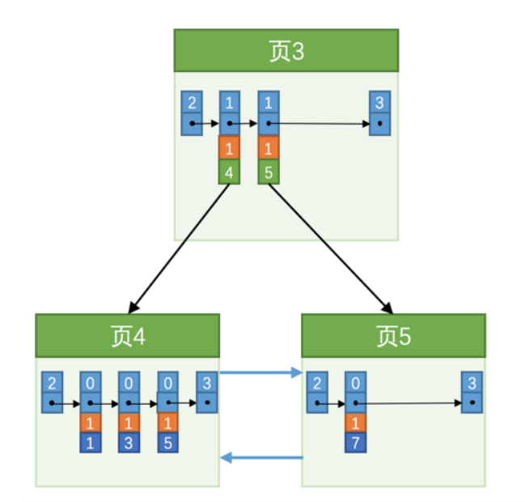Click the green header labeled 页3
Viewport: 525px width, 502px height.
pyautogui.click(x=286, y=50)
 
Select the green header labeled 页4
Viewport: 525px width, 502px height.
pyautogui.click(x=127, y=335)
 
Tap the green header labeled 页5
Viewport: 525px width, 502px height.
pyautogui.click(x=393, y=335)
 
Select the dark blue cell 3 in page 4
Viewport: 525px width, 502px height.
pyautogui.click(x=129, y=442)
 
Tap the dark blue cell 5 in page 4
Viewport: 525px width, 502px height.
pyautogui.click(x=168, y=442)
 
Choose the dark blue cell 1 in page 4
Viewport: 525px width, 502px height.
pyautogui.click(x=91, y=442)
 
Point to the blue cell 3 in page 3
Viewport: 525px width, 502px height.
pyautogui.click(x=379, y=103)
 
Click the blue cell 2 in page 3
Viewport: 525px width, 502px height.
pyautogui.click(x=192, y=103)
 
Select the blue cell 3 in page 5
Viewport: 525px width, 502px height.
pyautogui.click(x=472, y=382)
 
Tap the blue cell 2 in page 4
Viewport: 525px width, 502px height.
pyautogui.click(x=52, y=382)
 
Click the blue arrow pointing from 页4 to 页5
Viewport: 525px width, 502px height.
pyautogui.click(x=260, y=373)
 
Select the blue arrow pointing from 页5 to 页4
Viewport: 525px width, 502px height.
pyautogui.click(x=260, y=458)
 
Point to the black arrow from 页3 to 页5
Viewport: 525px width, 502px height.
pyautogui.click(x=328, y=248)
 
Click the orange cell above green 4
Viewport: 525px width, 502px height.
pyautogui.click(x=230, y=149)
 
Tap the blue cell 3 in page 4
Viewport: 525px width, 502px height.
pyautogui.click(x=207, y=382)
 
